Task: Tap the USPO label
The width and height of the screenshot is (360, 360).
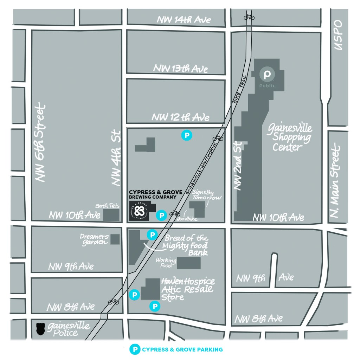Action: point(338,36)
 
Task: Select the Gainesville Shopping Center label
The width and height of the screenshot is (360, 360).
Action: point(289,137)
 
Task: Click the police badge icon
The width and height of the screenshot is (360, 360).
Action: point(40,329)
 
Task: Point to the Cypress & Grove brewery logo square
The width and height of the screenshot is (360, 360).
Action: point(139,211)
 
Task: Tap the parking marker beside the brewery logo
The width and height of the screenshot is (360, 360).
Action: point(161,214)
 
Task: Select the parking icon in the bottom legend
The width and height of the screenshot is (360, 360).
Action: point(134,349)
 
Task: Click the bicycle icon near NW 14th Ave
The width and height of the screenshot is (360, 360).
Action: point(249,17)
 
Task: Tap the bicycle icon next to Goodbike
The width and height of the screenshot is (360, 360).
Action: point(175,213)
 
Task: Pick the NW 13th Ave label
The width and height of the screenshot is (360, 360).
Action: point(180,68)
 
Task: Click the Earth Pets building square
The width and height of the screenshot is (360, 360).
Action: point(111,214)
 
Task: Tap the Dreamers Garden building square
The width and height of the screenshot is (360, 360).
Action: point(115,239)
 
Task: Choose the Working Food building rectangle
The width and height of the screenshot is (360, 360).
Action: point(188,263)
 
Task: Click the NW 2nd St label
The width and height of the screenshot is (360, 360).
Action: point(238,166)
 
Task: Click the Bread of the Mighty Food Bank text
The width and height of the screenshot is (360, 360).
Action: point(186,245)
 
